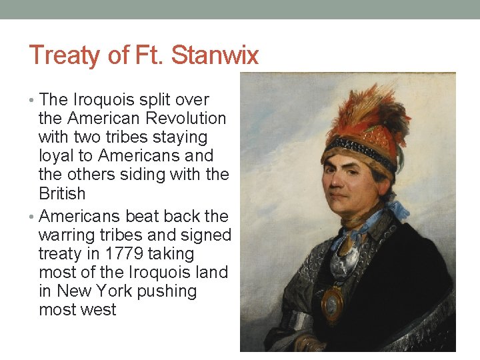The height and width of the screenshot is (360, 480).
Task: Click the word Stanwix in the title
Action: tap(215, 55)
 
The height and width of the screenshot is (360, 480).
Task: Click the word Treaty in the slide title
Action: tap(62, 55)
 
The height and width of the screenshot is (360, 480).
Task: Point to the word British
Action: tap(62, 194)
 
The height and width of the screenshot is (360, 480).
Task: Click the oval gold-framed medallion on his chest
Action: tap(333, 303)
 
